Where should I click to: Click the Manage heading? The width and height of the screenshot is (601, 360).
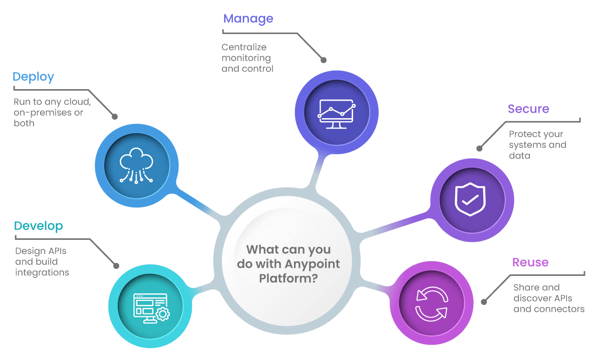pyautogui.click(x=248, y=19)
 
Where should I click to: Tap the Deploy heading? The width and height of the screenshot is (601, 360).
pyautogui.click(x=33, y=77)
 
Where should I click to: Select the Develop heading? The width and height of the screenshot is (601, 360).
pyautogui.click(x=38, y=226)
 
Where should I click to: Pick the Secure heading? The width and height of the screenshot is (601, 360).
pyautogui.click(x=528, y=109)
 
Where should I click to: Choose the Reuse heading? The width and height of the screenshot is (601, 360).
pyautogui.click(x=530, y=262)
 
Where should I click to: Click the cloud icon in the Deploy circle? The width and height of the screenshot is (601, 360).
pyautogui.click(x=136, y=166)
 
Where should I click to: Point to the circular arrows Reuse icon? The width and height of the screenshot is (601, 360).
pyautogui.click(x=431, y=303)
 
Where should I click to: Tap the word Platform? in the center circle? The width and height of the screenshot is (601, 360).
pyautogui.click(x=288, y=278)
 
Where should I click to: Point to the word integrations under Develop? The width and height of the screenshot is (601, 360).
pyautogui.click(x=42, y=272)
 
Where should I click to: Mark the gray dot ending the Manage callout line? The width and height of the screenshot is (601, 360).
pyautogui.click(x=324, y=60)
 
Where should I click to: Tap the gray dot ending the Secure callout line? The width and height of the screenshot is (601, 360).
pyautogui.click(x=479, y=149)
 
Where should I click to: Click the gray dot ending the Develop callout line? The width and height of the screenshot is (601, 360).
pyautogui.click(x=116, y=266)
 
